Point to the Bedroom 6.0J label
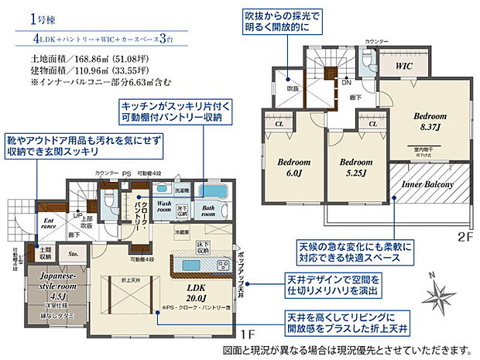[x=293, y=168]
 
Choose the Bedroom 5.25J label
[x=355, y=168]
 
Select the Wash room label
[x=163, y=207]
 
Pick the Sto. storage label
[x=73, y=252]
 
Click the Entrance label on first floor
[x=48, y=226]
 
